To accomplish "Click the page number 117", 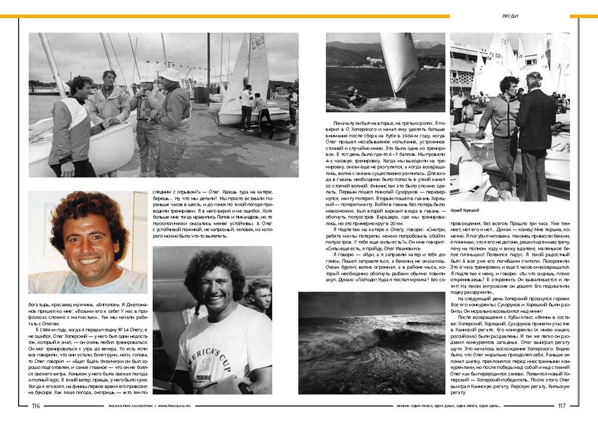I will tap(562, 406).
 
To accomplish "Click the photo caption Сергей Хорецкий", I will tap(466, 210).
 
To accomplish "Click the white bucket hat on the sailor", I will tap(170, 74).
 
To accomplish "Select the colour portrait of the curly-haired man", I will tap(87, 242).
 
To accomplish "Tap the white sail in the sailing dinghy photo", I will tap(398, 60).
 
